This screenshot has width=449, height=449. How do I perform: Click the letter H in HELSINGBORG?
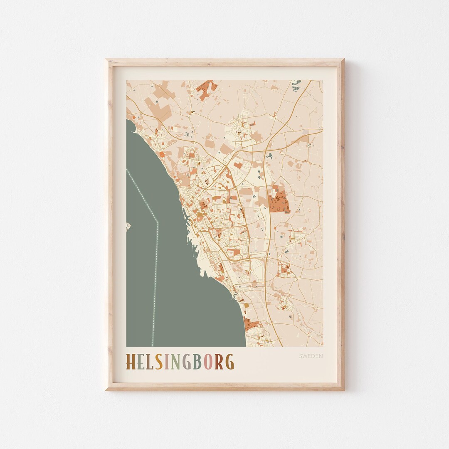tap(131, 362)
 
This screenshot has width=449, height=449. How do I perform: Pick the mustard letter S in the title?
tap(158, 362)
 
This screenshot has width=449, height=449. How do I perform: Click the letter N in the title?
tap(175, 362)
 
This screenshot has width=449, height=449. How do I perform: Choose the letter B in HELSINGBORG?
tap(197, 362)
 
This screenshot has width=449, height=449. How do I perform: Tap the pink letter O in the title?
tap(207, 362)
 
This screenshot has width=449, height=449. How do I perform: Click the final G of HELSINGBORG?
tap(229, 362)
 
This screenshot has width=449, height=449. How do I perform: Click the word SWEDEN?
tap(311, 356)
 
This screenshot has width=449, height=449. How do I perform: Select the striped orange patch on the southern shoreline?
tap(252, 326)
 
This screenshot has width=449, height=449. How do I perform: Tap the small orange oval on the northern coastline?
tap(162, 154)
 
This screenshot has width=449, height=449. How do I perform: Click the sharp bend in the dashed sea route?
tap(158, 223)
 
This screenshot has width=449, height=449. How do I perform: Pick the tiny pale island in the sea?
tap(128, 227)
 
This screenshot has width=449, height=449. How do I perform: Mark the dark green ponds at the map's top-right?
tap(296, 85)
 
